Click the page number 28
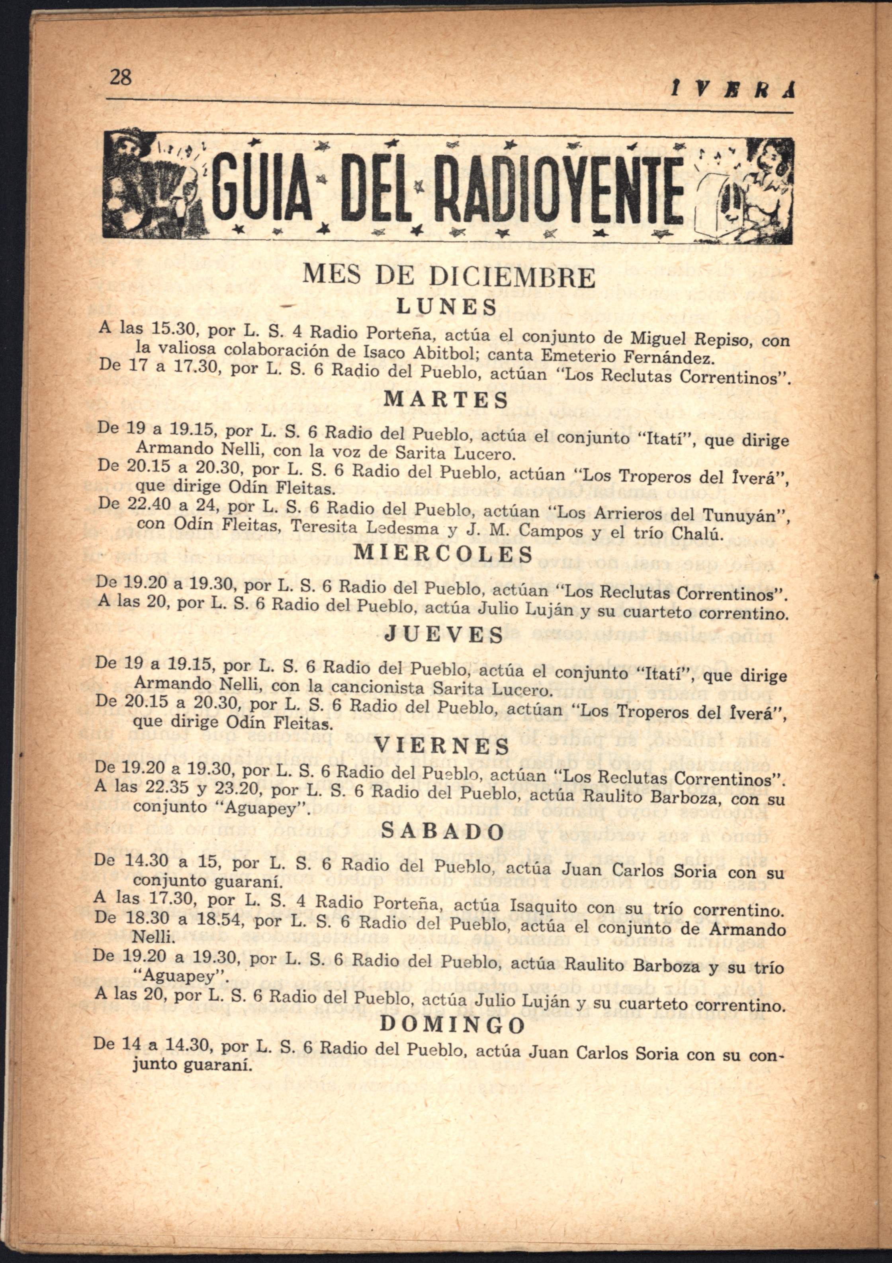[121, 76]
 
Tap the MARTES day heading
[446, 400]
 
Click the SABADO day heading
[442, 832]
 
